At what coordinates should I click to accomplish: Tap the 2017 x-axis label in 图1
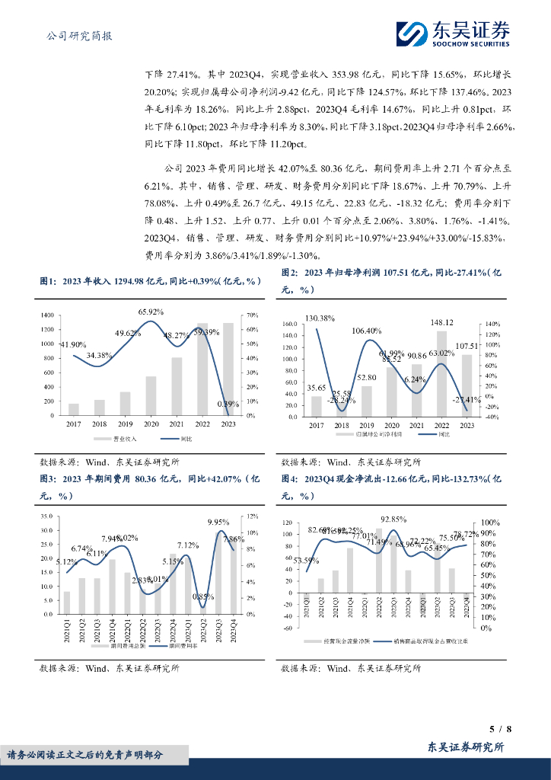(x=74, y=424)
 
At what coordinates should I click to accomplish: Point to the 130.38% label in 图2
(x=320, y=318)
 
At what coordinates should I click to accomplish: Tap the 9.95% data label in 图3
(x=218, y=522)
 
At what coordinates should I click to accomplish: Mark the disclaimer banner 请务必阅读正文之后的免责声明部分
(x=85, y=755)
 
